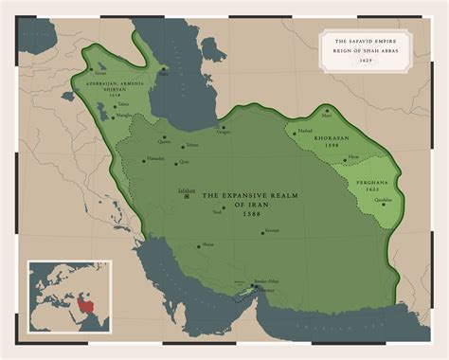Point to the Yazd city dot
(224, 208)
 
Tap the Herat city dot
(345, 158)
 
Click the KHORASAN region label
(319, 138)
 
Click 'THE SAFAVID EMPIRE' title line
(366, 42)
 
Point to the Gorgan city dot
(223, 128)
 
